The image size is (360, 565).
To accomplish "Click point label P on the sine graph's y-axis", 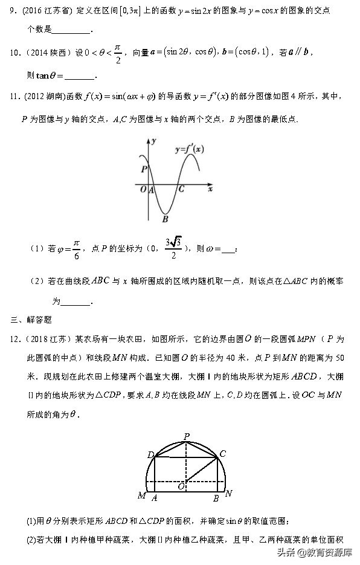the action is click(x=143, y=169).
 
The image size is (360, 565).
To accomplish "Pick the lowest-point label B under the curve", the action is click(x=164, y=219).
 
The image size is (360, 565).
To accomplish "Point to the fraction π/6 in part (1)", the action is click(x=76, y=249).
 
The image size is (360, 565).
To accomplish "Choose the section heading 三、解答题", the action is click(x=31, y=318).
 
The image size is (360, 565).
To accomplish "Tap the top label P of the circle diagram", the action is click(x=187, y=436).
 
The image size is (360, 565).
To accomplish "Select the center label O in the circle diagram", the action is click(x=179, y=485).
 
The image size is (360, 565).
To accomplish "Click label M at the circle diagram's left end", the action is click(x=141, y=496).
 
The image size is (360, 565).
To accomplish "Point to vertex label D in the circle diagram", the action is click(x=150, y=454).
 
